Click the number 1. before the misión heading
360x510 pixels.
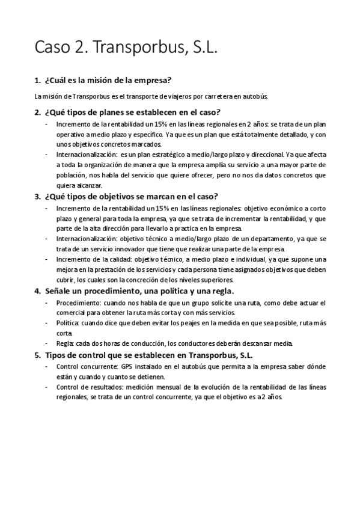[x=38, y=80]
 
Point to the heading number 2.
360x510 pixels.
[x=38, y=112]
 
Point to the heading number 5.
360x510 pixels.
[x=38, y=355]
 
